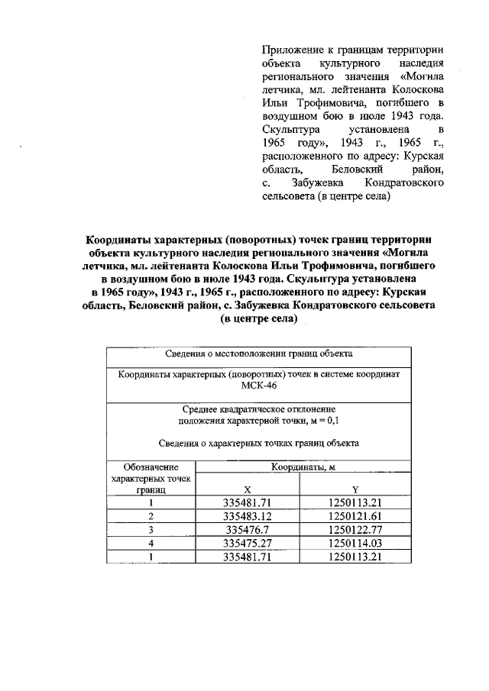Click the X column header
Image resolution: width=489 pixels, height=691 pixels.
pos(247,489)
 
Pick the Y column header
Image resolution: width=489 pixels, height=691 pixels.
pos(355,489)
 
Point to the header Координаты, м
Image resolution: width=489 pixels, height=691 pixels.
pos(300,467)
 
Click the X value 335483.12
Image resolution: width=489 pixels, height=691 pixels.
pos(247,516)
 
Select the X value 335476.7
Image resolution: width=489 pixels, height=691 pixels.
pos(247,529)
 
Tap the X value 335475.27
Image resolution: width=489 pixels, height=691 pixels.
pos(247,543)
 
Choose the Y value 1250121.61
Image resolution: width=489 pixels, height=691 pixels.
pos(355,516)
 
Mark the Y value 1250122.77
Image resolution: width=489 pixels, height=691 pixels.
pos(355,529)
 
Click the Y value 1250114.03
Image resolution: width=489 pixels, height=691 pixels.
pos(355,543)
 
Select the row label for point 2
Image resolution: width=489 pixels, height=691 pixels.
pos(151,516)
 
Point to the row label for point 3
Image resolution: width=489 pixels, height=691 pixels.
pos(151,529)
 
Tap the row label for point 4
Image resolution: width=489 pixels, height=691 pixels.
pos(151,543)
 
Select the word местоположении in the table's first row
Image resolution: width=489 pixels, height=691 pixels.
pos(251,354)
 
